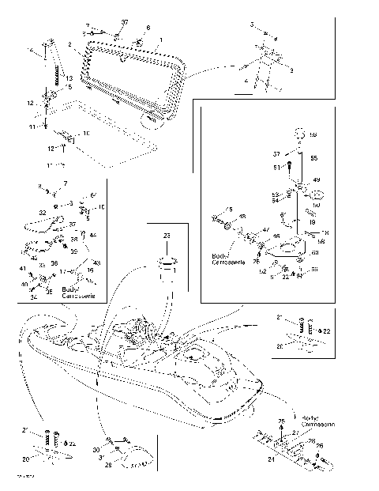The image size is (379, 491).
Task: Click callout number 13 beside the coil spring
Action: click(x=69, y=78)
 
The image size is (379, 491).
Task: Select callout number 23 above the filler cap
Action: click(x=167, y=236)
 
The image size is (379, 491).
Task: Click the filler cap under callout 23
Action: click(x=167, y=264)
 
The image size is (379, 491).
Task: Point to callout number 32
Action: click(x=42, y=213)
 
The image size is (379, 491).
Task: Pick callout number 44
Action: click(x=92, y=236)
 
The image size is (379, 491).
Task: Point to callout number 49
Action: click(x=317, y=180)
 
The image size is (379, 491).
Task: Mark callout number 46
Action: click(x=276, y=236)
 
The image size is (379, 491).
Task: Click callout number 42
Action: click(x=34, y=257)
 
